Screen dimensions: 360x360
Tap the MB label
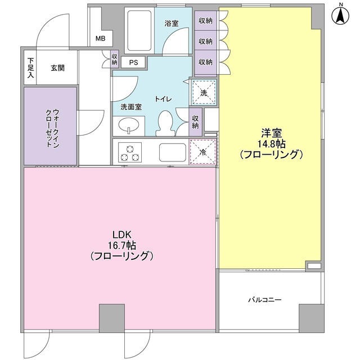point(100,39)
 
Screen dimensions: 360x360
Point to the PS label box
point(134,63)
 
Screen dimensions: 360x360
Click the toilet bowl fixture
point(166,121)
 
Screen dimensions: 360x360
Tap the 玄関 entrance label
point(57,69)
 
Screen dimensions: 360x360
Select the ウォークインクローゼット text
point(51,126)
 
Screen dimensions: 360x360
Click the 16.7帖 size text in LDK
point(122,245)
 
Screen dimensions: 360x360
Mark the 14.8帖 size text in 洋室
point(272,143)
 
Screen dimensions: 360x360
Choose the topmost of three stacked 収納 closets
point(205,21)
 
